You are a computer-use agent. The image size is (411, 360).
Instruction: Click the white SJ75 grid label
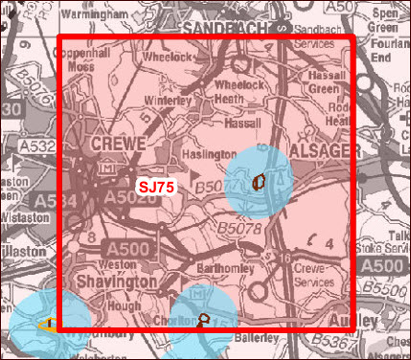click(x=155, y=187)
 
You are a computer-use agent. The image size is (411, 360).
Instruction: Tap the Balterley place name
click(x=252, y=337)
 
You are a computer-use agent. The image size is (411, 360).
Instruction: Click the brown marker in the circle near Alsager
click(x=259, y=181)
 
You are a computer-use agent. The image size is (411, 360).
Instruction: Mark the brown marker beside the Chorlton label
click(x=203, y=321)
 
